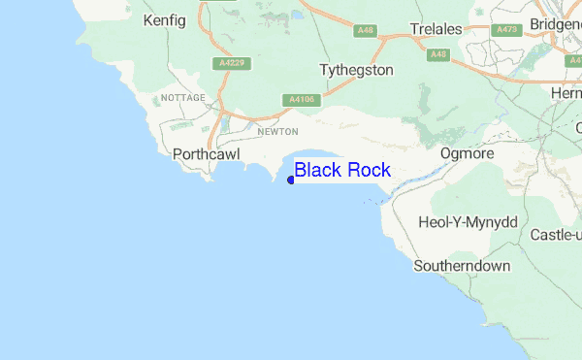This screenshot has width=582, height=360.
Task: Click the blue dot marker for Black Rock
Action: pyautogui.click(x=291, y=180)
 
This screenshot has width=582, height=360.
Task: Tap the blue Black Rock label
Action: pyautogui.click(x=342, y=171)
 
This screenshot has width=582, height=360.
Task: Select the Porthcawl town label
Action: pyautogui.click(x=206, y=154)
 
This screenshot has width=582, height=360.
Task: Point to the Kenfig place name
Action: pyautogui.click(x=163, y=19)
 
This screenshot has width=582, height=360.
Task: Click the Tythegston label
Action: pyautogui.click(x=356, y=71)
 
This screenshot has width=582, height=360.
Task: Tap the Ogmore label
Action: pyautogui.click(x=468, y=154)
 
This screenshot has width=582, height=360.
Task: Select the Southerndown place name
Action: pyautogui.click(x=462, y=265)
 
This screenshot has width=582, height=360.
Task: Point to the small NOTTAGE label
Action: pyautogui.click(x=183, y=99)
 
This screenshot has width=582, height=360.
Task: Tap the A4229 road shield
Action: pyautogui.click(x=228, y=63)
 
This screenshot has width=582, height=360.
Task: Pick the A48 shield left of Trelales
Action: pyautogui.click(x=365, y=31)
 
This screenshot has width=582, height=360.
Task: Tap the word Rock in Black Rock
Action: pyautogui.click(x=369, y=171)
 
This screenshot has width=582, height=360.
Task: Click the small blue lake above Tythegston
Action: pyautogui.click(x=295, y=16)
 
